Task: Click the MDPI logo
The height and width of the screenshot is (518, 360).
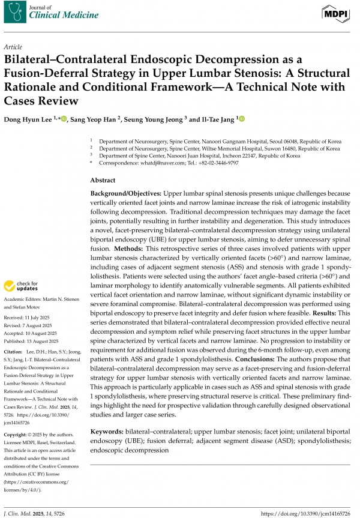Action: [x=335, y=13]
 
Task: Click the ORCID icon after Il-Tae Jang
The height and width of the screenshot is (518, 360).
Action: [x=242, y=119]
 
